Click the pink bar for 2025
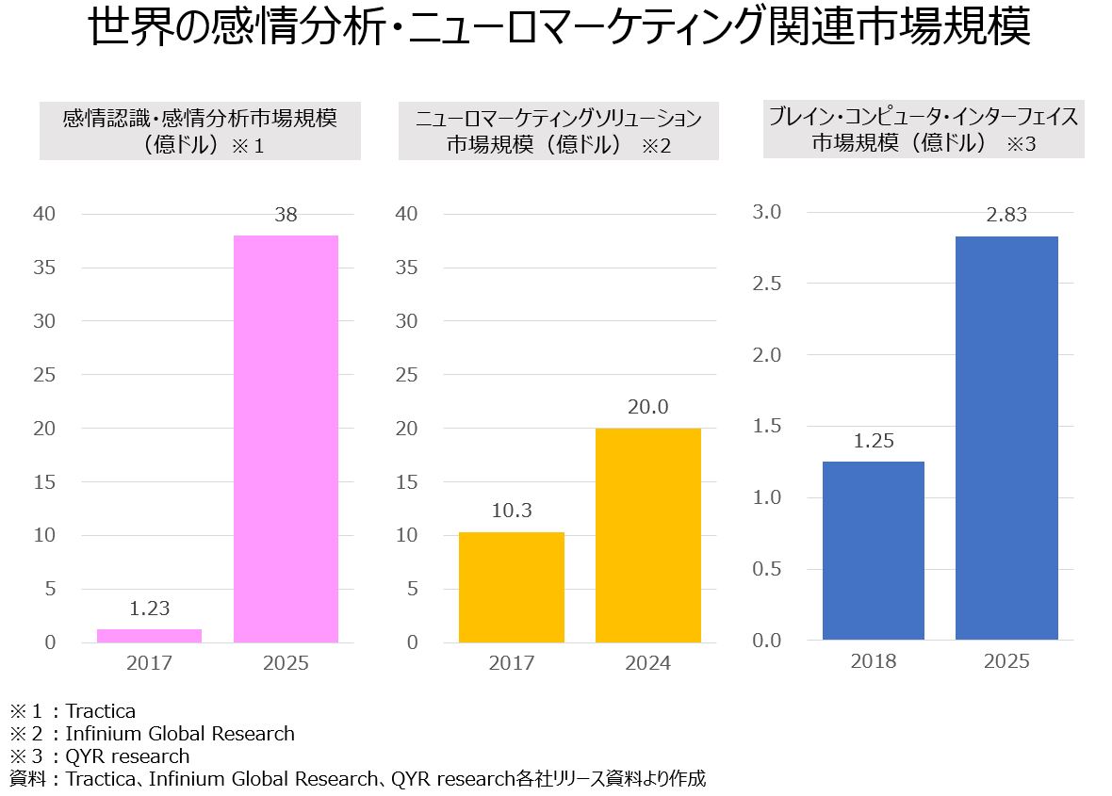[x=286, y=438]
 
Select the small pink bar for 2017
[x=149, y=636]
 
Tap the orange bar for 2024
[x=647, y=535]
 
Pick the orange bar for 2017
[x=511, y=587]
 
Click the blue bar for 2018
[x=873, y=551]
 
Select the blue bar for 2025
[x=1006, y=438]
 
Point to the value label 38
[x=286, y=215]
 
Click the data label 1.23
[x=149, y=609]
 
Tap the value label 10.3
[x=511, y=512]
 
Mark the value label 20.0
[x=647, y=407]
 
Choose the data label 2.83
[x=1006, y=216]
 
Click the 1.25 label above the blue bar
[x=873, y=441]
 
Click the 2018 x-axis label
[x=873, y=661]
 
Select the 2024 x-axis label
[x=647, y=663]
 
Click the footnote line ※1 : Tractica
[x=73, y=710]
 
